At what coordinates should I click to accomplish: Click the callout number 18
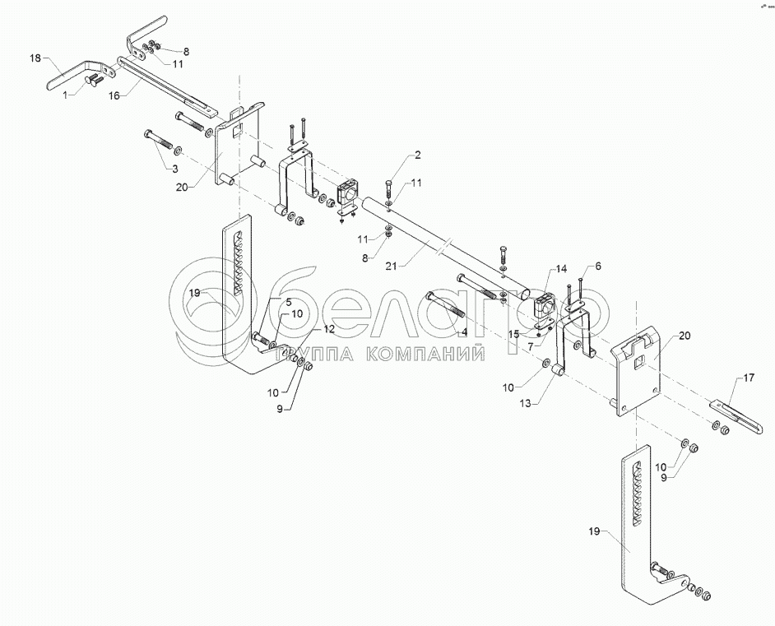pyautogui.click(x=35, y=58)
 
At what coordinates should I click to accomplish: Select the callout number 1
pyautogui.click(x=67, y=95)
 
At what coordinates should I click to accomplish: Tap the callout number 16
pyautogui.click(x=114, y=95)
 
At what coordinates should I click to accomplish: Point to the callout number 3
pyautogui.click(x=174, y=168)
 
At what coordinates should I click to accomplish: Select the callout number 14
pyautogui.click(x=561, y=269)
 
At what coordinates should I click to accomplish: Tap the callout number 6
pyautogui.click(x=598, y=266)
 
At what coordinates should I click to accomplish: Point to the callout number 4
pyautogui.click(x=464, y=332)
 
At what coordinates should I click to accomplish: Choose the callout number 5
pyautogui.click(x=288, y=302)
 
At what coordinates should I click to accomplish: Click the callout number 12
pyautogui.click(x=328, y=329)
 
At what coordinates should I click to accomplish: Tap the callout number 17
pyautogui.click(x=748, y=379)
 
